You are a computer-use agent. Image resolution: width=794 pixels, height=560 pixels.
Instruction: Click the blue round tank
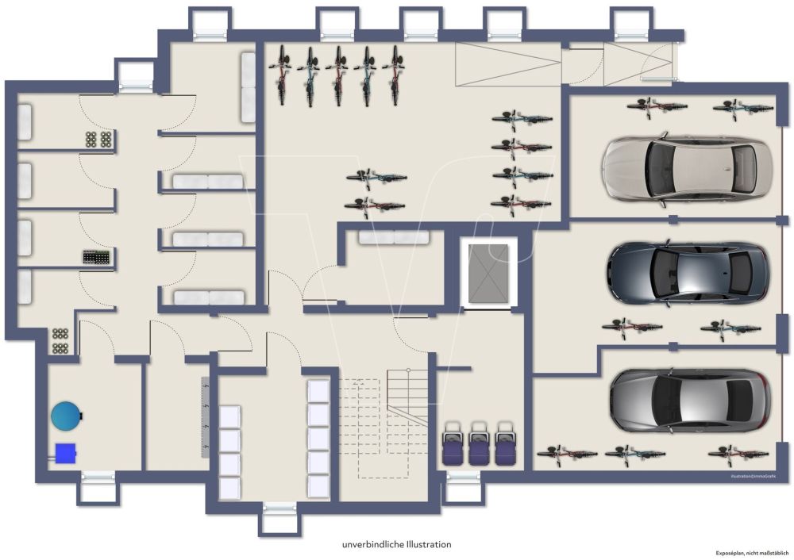[x=66, y=414]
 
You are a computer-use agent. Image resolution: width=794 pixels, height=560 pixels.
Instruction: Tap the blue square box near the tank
[x=65, y=453]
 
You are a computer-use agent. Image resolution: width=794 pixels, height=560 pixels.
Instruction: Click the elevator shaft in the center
[x=488, y=273]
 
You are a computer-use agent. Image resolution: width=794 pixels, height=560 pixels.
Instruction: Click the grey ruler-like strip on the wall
[x=205, y=417]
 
